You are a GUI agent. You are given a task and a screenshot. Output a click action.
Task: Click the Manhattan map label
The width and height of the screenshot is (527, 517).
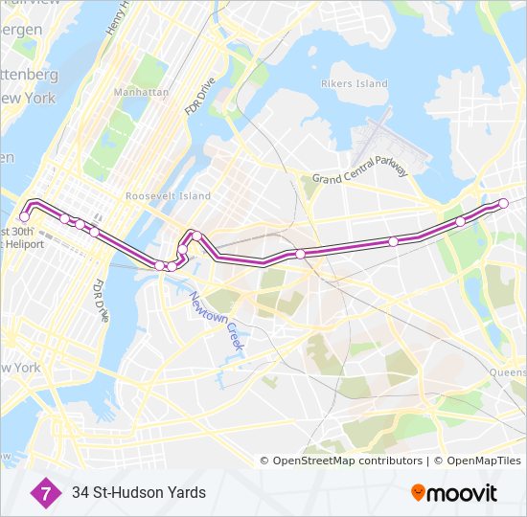pos(141,92)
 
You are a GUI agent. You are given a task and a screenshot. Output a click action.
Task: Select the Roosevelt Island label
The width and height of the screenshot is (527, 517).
pos(168,196)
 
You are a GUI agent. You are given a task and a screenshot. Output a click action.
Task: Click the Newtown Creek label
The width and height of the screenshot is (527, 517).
pos(220,324)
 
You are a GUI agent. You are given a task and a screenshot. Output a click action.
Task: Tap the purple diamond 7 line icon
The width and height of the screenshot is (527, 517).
pos(43,492)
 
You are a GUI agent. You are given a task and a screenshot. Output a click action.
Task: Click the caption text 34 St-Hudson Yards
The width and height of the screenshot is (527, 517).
pos(138,493)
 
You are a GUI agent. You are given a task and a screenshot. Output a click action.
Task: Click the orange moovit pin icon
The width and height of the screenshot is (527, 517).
pos(418,492)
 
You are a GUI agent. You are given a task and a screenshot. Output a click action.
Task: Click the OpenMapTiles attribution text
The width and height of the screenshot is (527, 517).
pos(480,461)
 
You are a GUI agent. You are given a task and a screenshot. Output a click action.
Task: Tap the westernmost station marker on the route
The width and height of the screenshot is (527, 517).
pos(24,217)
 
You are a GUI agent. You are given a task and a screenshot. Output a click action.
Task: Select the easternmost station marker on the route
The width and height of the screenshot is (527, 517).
pos(504,202)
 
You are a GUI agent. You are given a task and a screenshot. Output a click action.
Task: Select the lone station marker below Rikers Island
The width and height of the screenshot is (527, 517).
pos(393,241)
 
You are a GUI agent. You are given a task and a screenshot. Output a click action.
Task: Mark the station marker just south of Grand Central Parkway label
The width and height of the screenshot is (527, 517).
pos(301,254)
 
